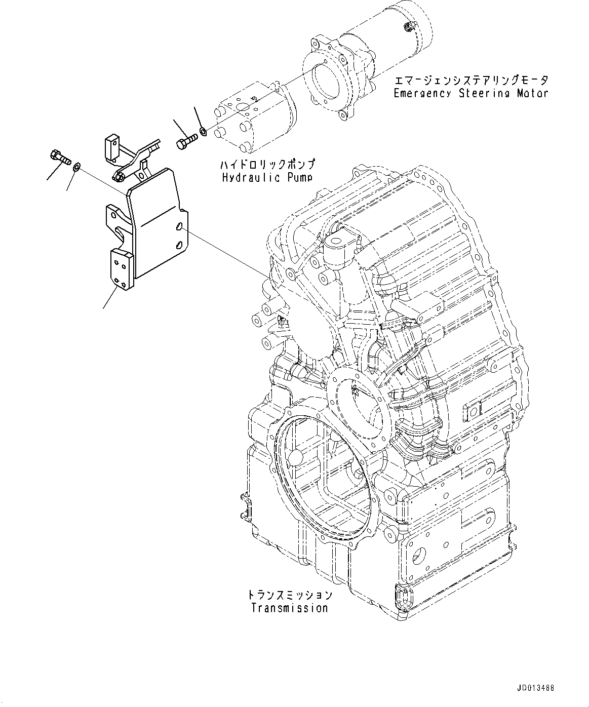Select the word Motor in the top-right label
coord(532,93)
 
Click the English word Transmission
coord(289,608)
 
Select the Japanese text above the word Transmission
coord(289,595)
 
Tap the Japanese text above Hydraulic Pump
coord(267,165)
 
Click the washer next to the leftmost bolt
coord(76,167)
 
